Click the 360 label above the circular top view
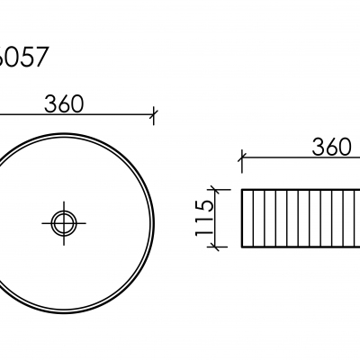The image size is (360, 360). (x=64, y=103)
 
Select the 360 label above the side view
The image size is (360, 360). (x=332, y=148)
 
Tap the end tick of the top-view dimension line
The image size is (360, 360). (x=155, y=114)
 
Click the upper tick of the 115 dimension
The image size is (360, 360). (x=216, y=189)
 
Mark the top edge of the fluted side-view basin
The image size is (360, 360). (x=297, y=189)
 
